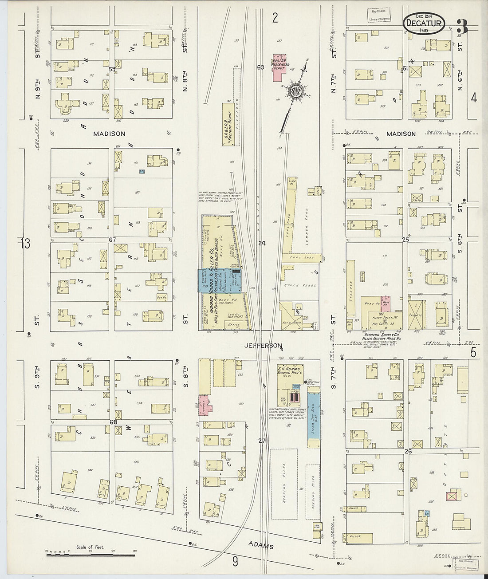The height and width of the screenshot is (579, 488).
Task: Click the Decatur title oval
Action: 424,23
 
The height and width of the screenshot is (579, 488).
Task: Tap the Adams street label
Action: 261,545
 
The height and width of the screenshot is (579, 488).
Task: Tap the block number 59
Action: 112,69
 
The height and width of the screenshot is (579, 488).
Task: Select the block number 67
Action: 112,240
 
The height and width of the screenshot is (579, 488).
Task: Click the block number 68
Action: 113,422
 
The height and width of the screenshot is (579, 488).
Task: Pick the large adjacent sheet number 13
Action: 25,243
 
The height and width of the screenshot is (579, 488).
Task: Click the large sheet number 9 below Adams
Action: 235,562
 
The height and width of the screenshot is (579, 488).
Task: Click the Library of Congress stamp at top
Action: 378,16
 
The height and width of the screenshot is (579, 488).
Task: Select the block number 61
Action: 405,68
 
